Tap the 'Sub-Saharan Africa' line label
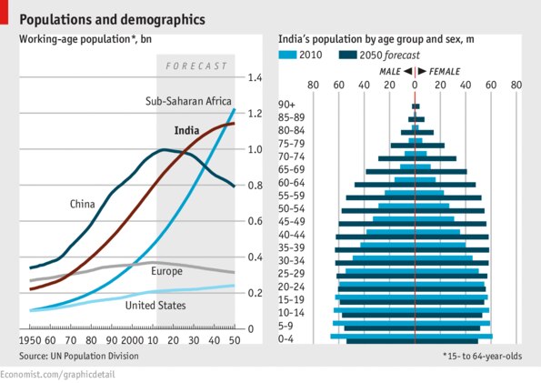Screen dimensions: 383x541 click(x=188, y=101)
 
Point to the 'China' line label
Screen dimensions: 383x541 click(x=83, y=204)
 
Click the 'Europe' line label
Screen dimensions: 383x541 click(x=166, y=271)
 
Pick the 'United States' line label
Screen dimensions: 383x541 click(x=155, y=306)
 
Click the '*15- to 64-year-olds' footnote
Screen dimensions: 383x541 click(x=483, y=356)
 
